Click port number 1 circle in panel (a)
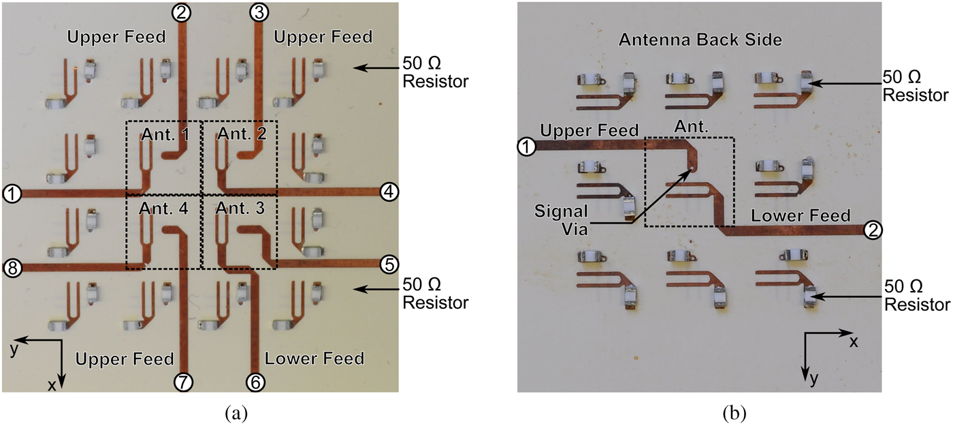[x=11, y=194]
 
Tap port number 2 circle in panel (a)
[x=182, y=12]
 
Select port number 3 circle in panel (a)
[x=258, y=12]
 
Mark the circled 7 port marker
[x=182, y=382]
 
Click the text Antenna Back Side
[x=700, y=40]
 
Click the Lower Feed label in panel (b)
[x=801, y=216]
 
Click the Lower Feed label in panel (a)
[x=314, y=358]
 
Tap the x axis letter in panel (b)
[x=853, y=341]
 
